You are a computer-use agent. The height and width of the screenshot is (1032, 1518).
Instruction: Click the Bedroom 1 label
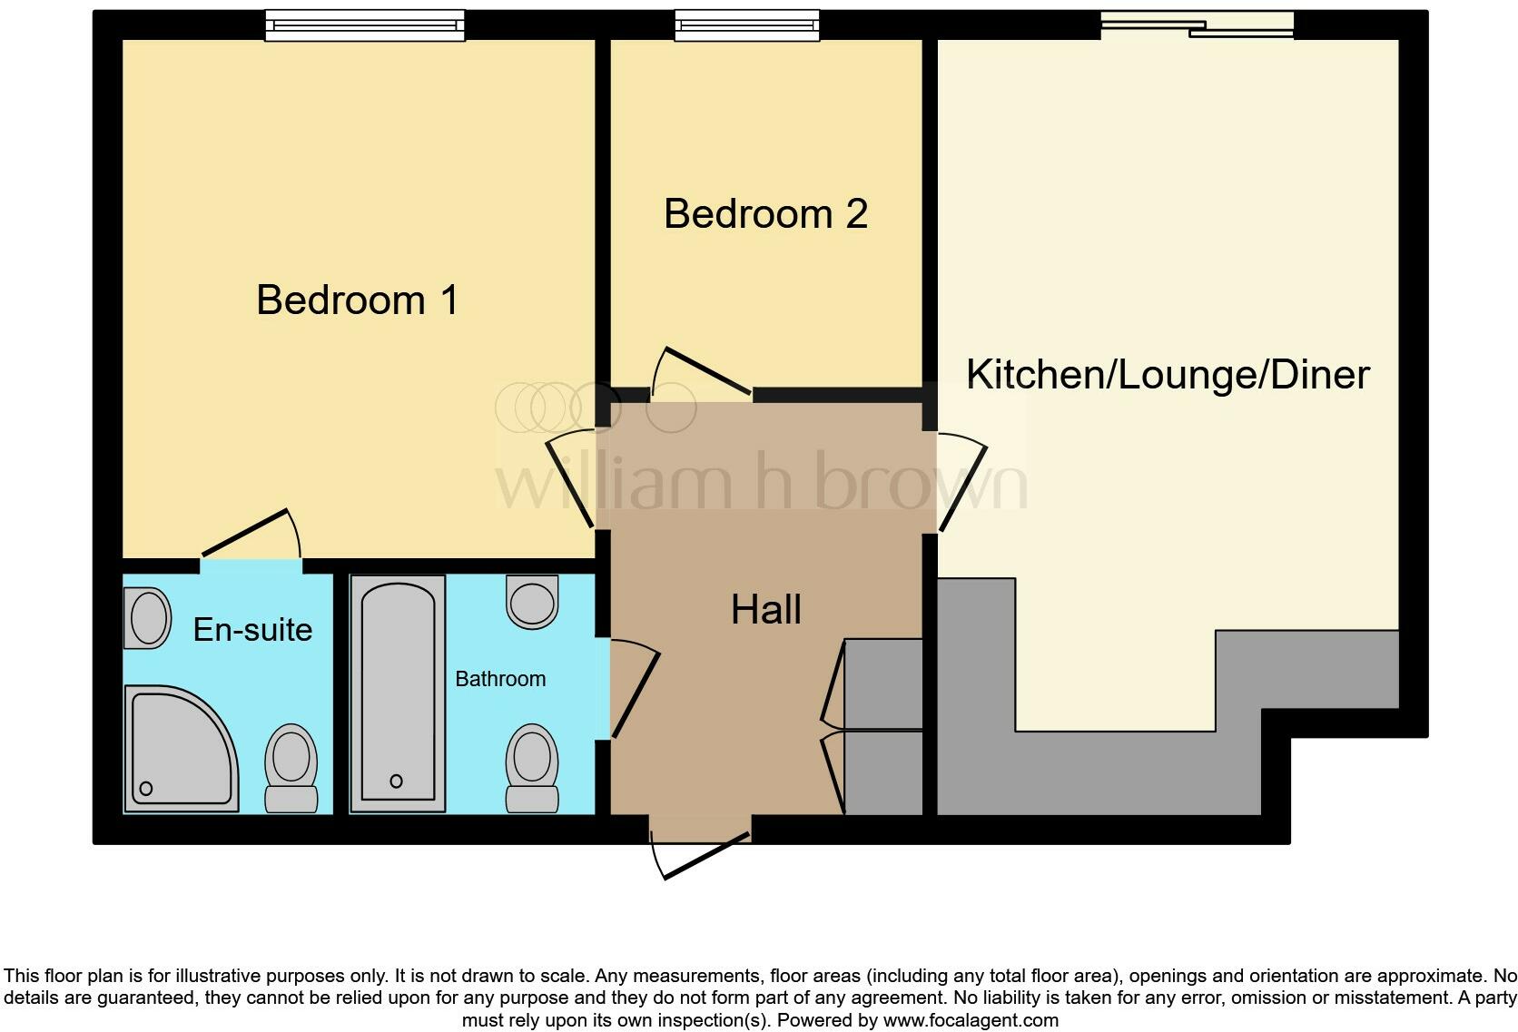[357, 300]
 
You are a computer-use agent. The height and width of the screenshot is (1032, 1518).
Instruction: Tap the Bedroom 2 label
[765, 214]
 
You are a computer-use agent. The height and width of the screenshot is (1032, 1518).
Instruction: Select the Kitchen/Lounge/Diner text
[1167, 375]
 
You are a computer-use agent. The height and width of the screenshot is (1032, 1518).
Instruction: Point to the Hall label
[765, 610]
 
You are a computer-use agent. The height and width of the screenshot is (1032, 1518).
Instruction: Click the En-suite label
[252, 630]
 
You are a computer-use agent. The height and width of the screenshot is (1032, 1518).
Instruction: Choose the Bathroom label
[500, 679]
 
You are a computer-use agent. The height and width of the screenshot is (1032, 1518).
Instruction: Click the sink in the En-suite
[148, 618]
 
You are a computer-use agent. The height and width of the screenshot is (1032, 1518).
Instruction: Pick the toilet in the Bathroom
[532, 767]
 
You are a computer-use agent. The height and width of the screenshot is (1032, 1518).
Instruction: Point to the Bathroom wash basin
[532, 601]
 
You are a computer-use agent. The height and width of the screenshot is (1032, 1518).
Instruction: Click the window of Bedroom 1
[364, 25]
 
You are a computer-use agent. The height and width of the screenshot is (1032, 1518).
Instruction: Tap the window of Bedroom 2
[746, 25]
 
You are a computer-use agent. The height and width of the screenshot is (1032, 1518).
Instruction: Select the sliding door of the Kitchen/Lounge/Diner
[1197, 25]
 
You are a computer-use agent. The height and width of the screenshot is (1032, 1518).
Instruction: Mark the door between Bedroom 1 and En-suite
[250, 536]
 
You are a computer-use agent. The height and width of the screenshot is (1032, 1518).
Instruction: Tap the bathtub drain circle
[396, 781]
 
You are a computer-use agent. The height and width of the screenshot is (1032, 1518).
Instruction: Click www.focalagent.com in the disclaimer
[970, 1020]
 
